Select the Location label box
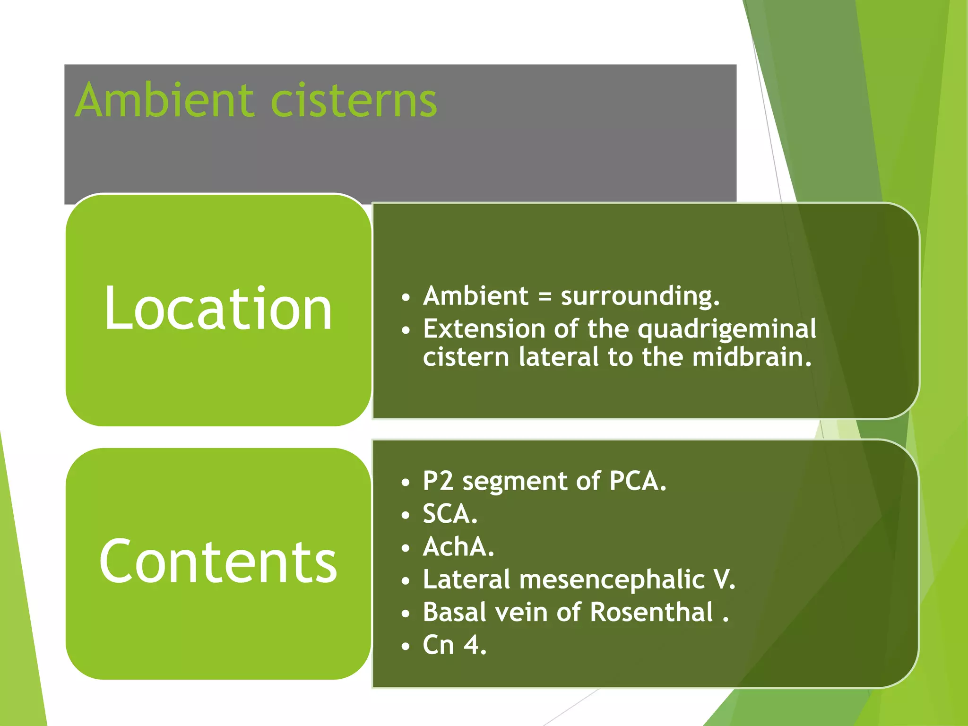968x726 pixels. click(218, 310)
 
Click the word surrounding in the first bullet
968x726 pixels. click(640, 297)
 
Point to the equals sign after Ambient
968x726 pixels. click(544, 297)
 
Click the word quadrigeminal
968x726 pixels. click(727, 329)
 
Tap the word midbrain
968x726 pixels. click(752, 357)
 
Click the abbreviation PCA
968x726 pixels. click(638, 481)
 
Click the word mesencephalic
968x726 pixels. click(612, 580)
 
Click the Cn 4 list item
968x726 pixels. click(454, 645)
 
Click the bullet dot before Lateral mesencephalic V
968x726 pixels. click(406, 581)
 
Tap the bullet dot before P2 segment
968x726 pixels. click(406, 483)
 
